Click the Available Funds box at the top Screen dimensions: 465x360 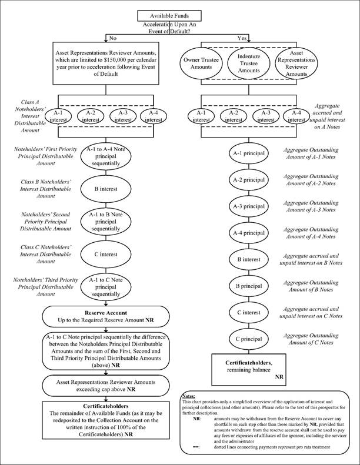click(x=179, y=15)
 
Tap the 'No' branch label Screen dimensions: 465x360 click(x=112, y=38)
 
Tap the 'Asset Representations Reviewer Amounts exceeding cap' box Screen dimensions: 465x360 click(x=106, y=384)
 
